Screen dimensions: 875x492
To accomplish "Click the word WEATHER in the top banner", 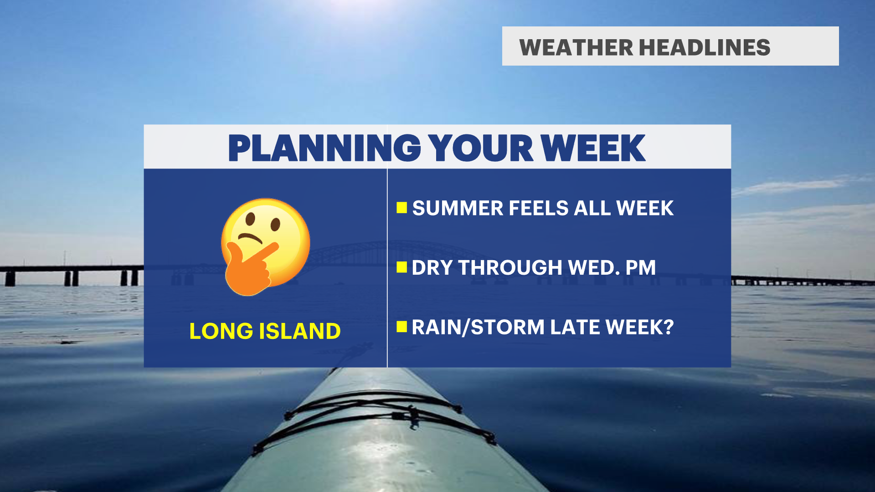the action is [x=576, y=47].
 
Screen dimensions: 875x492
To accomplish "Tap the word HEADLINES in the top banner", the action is [x=705, y=47].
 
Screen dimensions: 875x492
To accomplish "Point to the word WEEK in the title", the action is [x=593, y=148].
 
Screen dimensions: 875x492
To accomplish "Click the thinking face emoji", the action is [x=266, y=247].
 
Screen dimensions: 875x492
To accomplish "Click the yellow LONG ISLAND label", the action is [x=265, y=331].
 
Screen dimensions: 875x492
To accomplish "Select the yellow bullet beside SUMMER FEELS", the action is [x=401, y=208].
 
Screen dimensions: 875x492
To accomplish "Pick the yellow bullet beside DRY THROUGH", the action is [x=401, y=267].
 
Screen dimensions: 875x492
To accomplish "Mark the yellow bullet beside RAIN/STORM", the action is [x=401, y=327].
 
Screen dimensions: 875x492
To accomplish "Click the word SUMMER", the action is [x=458, y=208].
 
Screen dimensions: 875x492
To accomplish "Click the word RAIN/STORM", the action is [x=478, y=328].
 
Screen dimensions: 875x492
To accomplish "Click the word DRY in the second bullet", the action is [x=432, y=268].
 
